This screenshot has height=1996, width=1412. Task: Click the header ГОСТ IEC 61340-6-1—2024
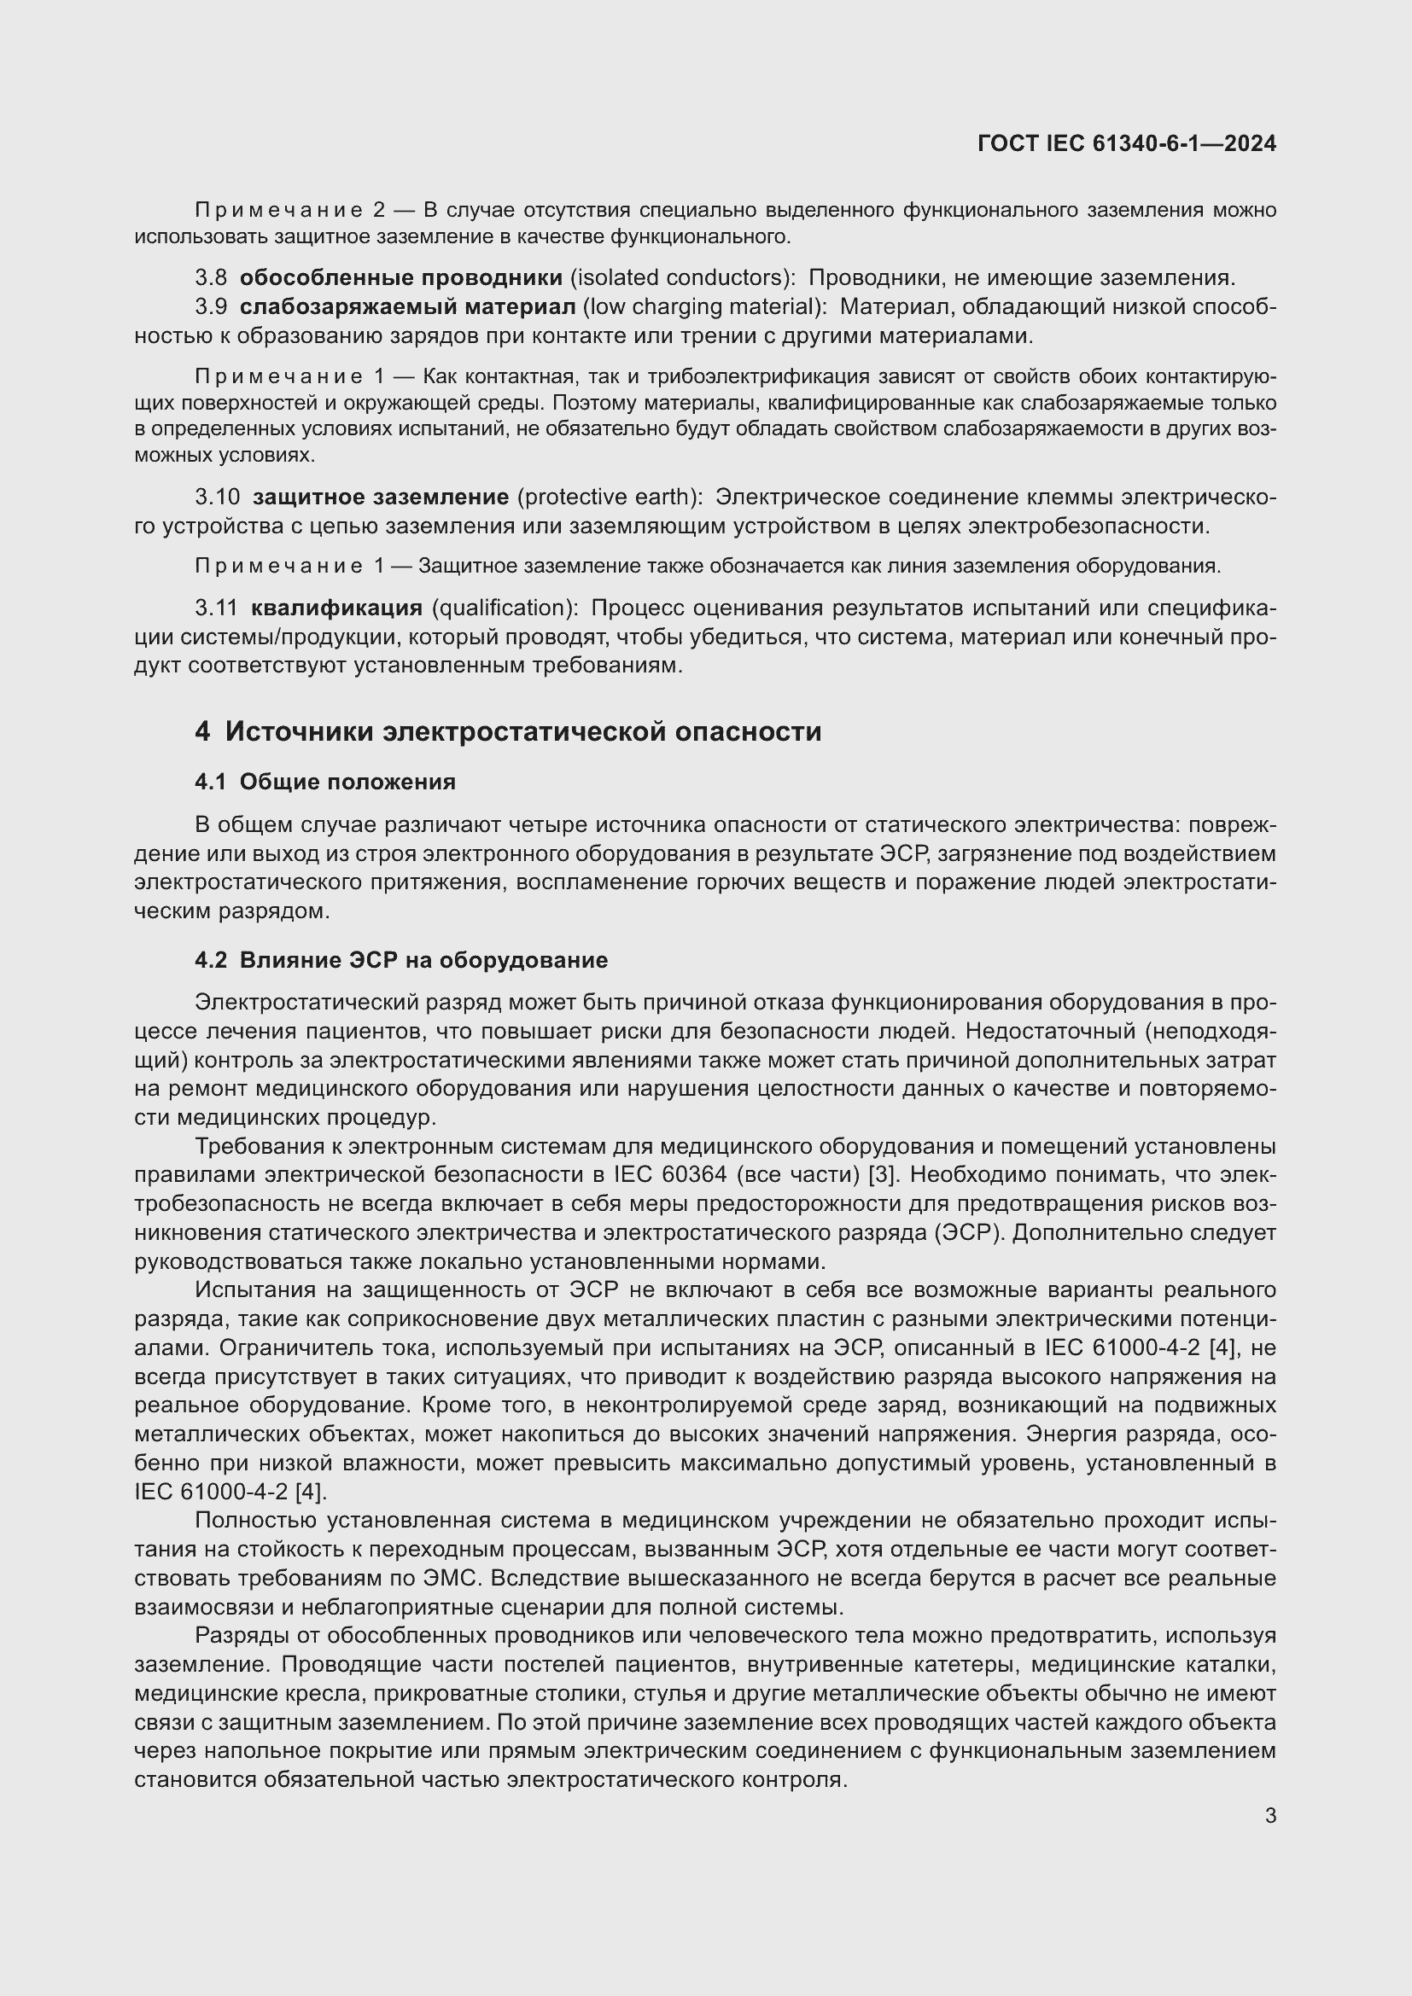click(x=1126, y=143)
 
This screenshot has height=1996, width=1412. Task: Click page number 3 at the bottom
click(x=1270, y=1816)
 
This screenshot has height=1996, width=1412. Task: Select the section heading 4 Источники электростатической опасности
click(x=508, y=731)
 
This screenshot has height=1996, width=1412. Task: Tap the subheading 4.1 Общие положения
click(x=325, y=782)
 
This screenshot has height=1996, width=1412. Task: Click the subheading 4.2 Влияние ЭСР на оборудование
click(x=401, y=960)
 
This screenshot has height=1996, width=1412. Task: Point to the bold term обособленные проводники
click(x=401, y=277)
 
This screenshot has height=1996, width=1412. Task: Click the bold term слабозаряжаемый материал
click(x=407, y=307)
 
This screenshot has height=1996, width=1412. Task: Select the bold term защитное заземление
click(x=381, y=497)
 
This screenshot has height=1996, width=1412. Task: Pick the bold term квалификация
click(x=336, y=607)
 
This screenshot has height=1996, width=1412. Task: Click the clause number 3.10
click(x=217, y=497)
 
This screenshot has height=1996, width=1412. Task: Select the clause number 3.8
click(x=210, y=277)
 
